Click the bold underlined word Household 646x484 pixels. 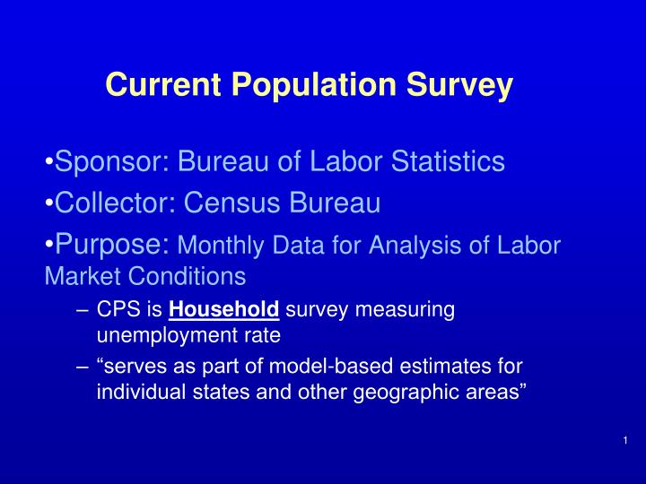(x=224, y=311)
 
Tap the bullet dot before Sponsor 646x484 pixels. (x=48, y=162)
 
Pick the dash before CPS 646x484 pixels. (x=83, y=311)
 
